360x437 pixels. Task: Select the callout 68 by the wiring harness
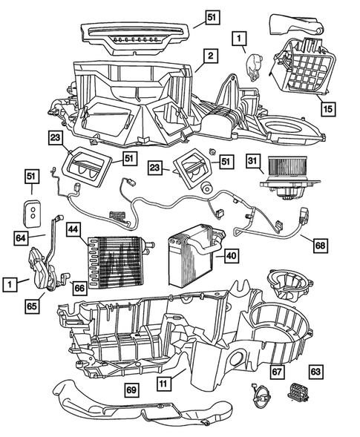coord(319,243)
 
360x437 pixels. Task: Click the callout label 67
coord(276,371)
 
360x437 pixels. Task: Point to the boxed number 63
coord(315,371)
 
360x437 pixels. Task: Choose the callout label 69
coord(130,389)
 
